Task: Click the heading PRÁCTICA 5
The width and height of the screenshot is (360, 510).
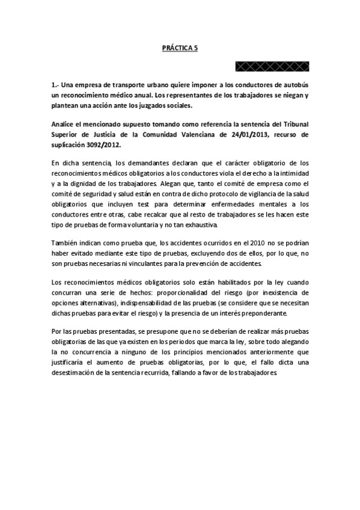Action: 180,52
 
